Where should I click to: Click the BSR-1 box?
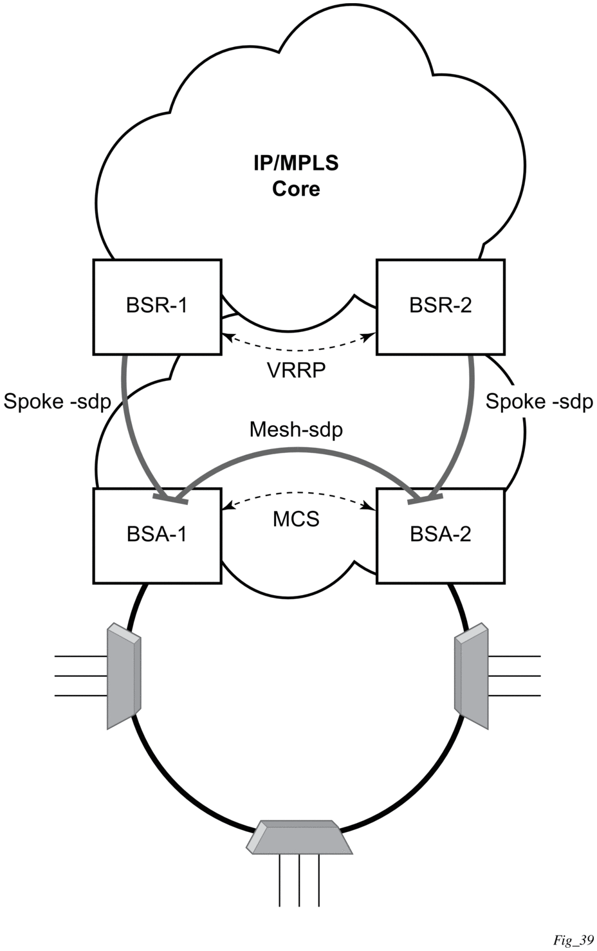[x=157, y=306]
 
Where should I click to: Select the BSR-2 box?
[x=441, y=306]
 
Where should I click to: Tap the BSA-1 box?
[x=157, y=535]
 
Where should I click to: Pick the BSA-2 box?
[x=441, y=535]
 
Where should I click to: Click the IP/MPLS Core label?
[x=296, y=176]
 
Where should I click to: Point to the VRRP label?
[x=296, y=371]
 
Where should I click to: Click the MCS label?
[x=296, y=519]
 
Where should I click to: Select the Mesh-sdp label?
[x=296, y=429]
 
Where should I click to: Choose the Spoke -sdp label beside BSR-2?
[x=539, y=402]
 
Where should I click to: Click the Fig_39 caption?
[x=573, y=941]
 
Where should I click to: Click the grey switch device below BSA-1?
[x=123, y=676]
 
